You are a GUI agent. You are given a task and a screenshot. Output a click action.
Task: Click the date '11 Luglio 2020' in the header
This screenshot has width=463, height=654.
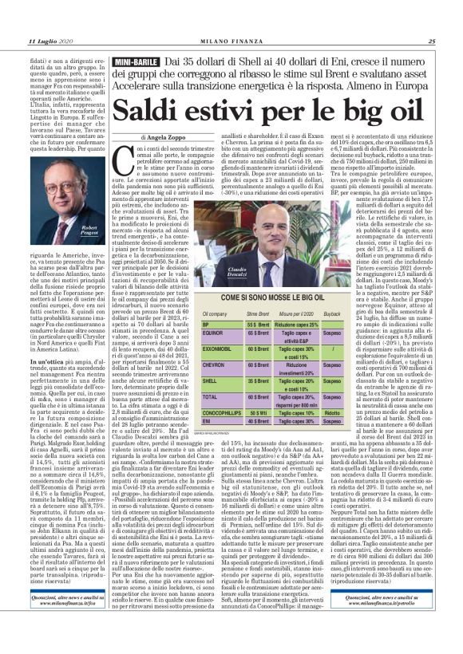coord(50,42)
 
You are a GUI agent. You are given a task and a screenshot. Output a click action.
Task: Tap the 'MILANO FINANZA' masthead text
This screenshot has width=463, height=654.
coord(231,42)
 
